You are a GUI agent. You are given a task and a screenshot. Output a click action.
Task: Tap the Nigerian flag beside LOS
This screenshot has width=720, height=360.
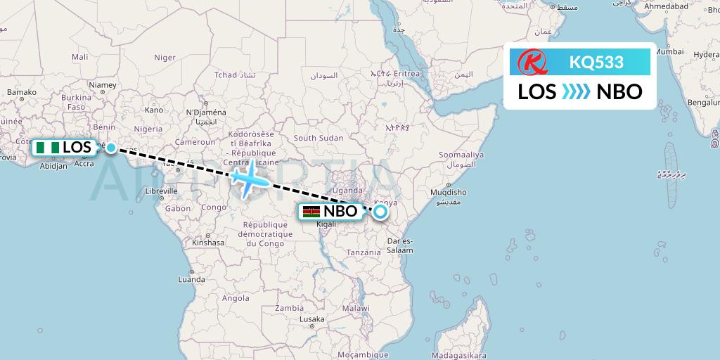(x=48, y=148)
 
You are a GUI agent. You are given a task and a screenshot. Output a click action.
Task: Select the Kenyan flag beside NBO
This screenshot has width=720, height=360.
(x=311, y=212)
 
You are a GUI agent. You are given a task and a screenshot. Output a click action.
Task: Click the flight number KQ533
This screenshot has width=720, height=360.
(x=596, y=63)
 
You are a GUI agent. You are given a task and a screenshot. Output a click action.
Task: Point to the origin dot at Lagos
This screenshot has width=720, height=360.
(x=111, y=148)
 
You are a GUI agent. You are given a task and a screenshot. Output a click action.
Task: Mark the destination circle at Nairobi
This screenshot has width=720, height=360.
(x=380, y=211)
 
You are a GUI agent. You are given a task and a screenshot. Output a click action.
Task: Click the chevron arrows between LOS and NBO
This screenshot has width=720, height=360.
(x=576, y=91)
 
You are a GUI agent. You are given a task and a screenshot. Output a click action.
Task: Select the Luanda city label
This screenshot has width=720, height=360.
(x=191, y=279)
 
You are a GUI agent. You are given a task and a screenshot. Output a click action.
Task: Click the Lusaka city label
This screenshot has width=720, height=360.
(x=311, y=319)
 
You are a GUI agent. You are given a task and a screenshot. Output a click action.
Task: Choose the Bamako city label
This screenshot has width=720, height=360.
(x=21, y=92)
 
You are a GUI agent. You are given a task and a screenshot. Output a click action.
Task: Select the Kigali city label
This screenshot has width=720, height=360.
(x=327, y=224)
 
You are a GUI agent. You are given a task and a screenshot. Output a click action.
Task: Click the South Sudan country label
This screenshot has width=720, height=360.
(x=315, y=139)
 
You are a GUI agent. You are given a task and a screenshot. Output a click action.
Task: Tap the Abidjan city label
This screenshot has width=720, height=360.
(x=53, y=167)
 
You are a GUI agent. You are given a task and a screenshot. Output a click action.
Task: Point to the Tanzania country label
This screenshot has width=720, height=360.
(x=364, y=252)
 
